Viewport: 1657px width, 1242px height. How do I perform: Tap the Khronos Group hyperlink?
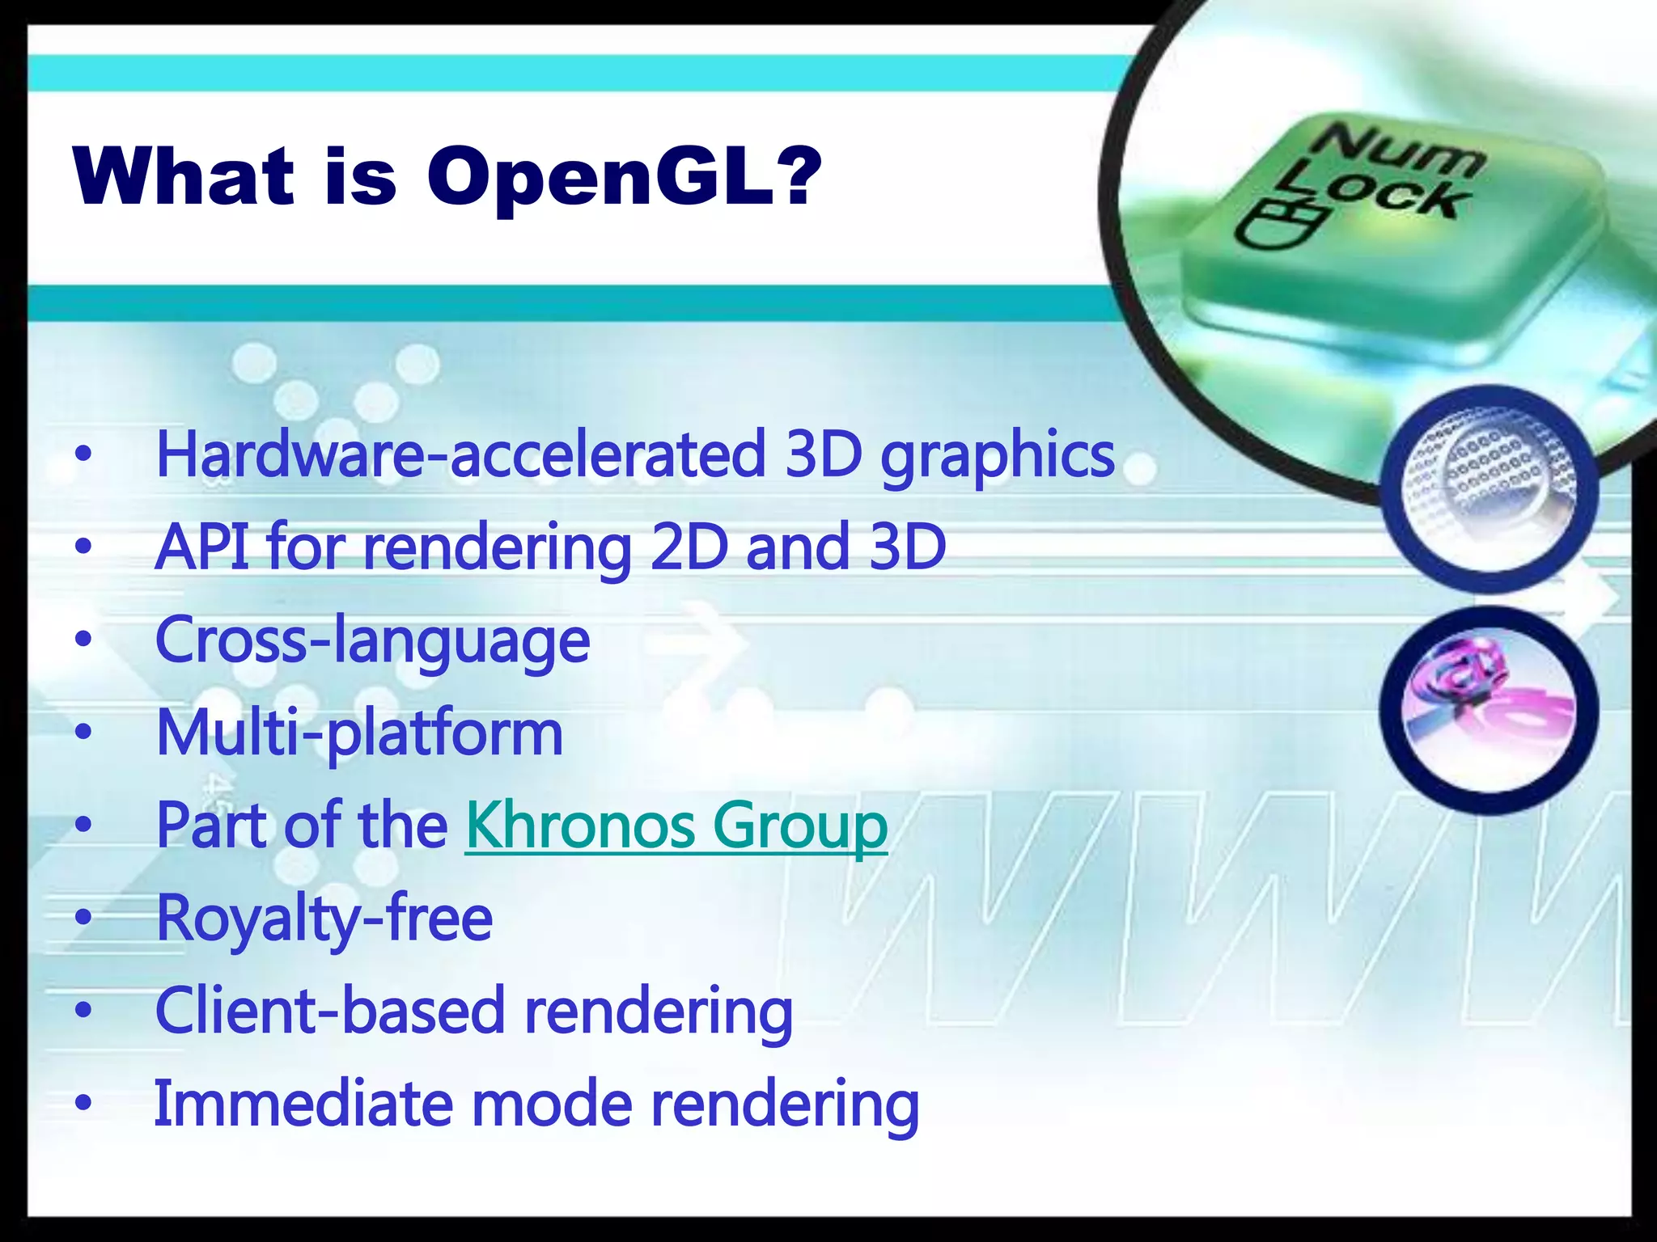tap(676, 826)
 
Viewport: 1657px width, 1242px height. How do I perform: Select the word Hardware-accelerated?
tap(460, 454)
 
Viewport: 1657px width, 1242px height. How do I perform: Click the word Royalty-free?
tap(324, 919)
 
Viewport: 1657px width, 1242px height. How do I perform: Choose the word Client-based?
tap(329, 1012)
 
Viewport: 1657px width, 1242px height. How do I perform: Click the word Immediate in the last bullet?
tap(303, 1105)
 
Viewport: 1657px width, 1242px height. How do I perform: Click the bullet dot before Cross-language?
tap(83, 640)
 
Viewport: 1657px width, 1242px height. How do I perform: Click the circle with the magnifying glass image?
tap(1489, 482)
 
